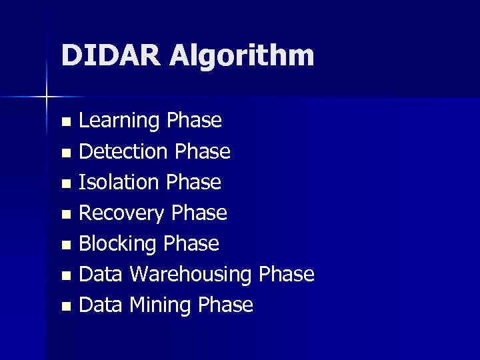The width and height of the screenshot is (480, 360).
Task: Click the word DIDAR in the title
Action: click(x=110, y=55)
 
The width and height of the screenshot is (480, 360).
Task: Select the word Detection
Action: click(x=125, y=152)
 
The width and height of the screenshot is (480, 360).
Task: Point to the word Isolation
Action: click(x=119, y=182)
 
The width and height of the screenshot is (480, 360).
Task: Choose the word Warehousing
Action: click(x=191, y=275)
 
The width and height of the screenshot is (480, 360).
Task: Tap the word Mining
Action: click(x=159, y=305)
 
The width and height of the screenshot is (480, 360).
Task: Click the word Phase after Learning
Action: click(x=194, y=121)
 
